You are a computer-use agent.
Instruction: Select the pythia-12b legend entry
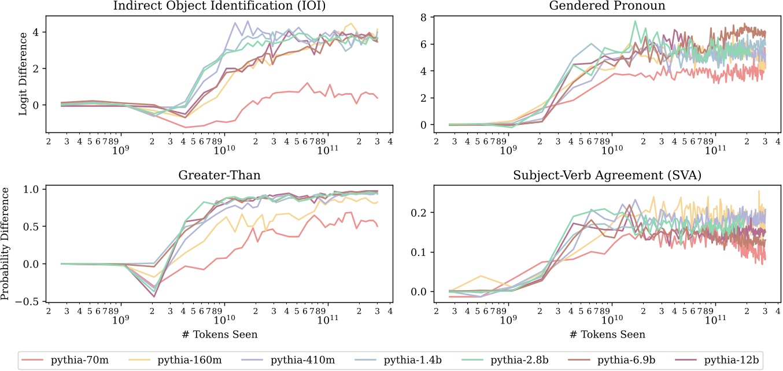(x=730, y=359)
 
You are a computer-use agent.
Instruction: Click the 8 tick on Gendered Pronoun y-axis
(x=423, y=17)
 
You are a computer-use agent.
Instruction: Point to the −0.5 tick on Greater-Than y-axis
(x=29, y=302)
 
